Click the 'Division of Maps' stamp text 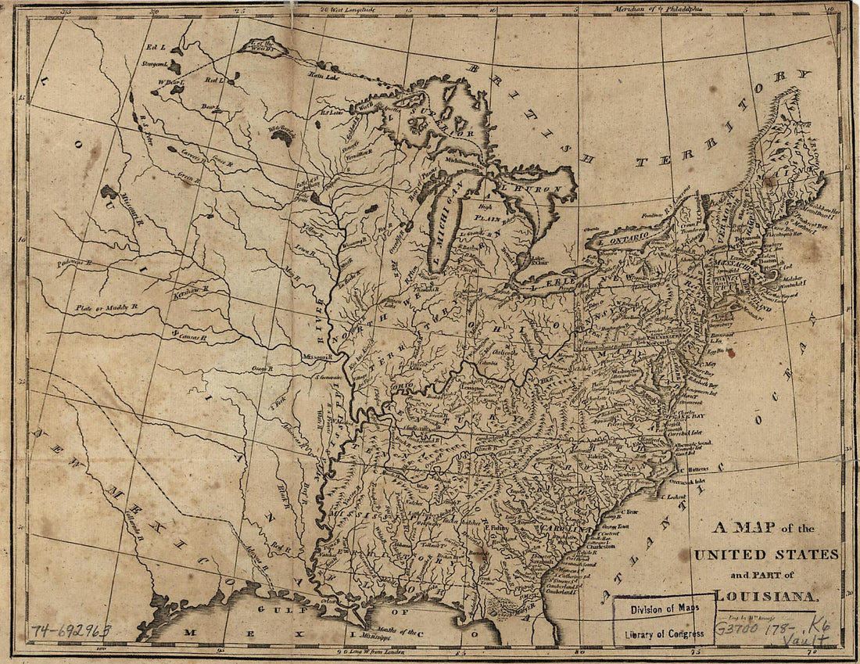663,608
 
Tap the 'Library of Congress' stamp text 663,633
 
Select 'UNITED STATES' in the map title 765,555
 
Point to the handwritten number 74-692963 71,630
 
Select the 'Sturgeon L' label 156,63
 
